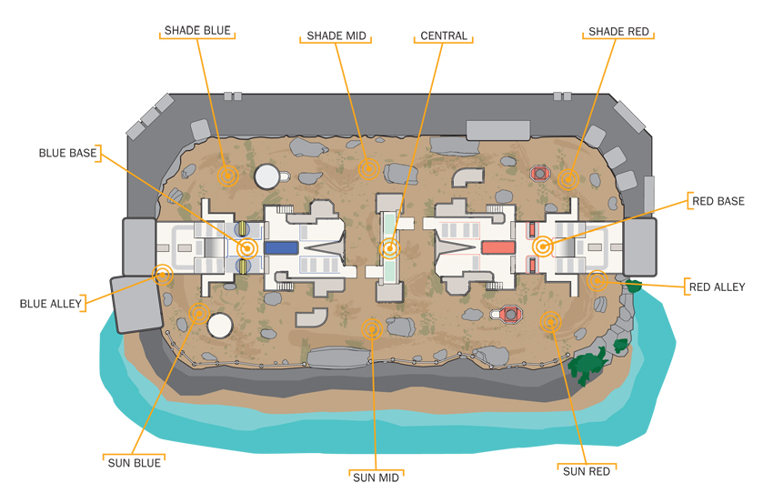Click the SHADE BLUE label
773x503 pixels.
click(197, 31)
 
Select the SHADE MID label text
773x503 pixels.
click(336, 36)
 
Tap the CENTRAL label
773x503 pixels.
click(444, 36)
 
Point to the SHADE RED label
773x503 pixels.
click(618, 32)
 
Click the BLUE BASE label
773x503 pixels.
click(67, 154)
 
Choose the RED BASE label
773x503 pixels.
click(718, 201)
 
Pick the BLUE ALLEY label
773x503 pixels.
click(50, 304)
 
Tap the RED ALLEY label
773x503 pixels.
click(717, 287)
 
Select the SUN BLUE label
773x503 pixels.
click(134, 463)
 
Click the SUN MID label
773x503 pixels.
click(376, 478)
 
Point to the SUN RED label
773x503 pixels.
click(587, 471)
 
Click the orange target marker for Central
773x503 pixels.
click(389, 248)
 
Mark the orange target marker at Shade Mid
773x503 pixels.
click(368, 169)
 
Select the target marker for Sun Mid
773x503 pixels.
click(372, 329)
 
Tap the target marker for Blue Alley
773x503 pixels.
click(162, 275)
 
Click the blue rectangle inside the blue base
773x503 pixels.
click(281, 247)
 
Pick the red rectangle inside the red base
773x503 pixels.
click(498, 247)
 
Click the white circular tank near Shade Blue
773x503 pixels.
click(266, 176)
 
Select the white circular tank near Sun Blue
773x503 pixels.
click(220, 326)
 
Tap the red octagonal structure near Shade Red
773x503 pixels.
click(540, 173)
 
